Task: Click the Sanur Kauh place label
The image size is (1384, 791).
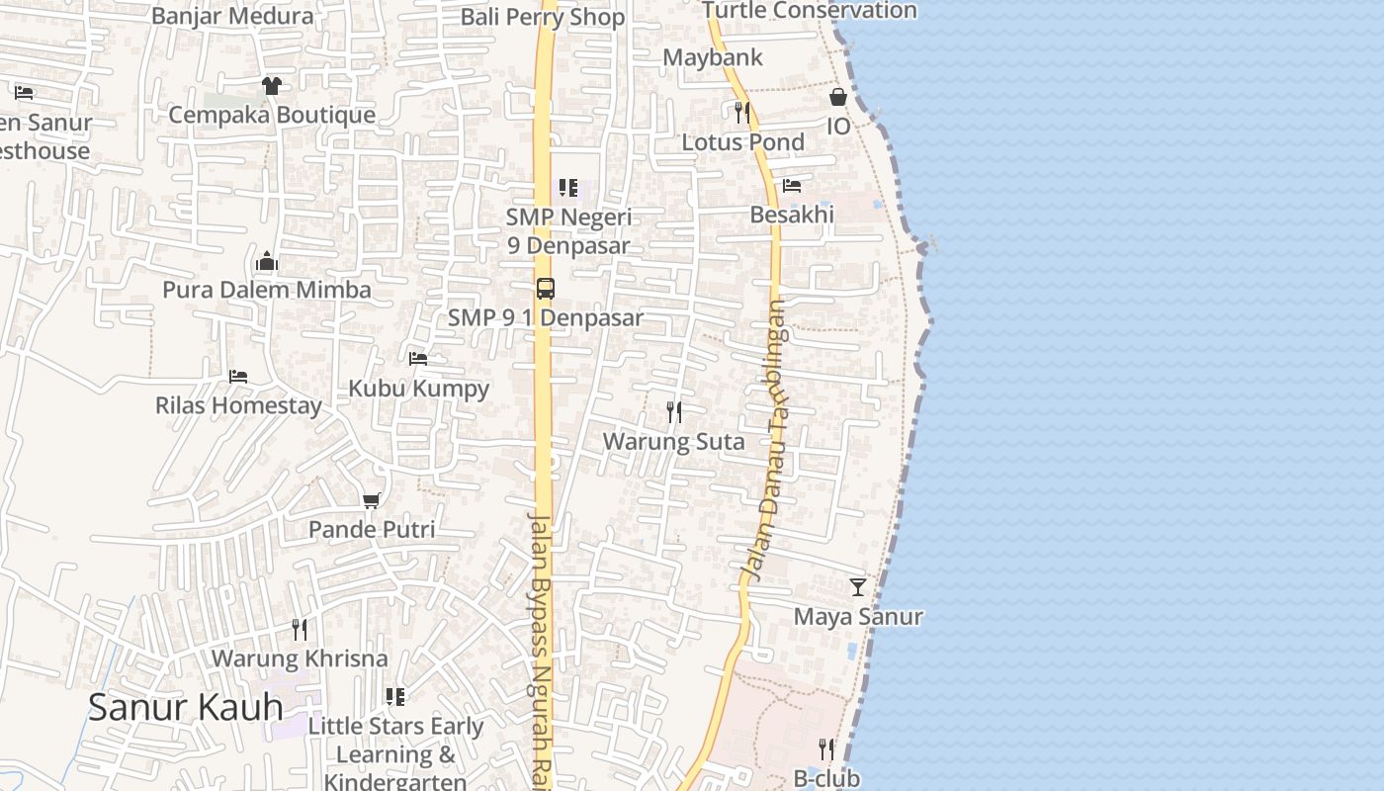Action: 186,707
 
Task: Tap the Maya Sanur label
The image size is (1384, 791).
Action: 858,616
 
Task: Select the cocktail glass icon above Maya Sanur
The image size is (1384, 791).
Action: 858,587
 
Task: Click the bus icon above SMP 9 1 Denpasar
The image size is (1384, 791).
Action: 545,289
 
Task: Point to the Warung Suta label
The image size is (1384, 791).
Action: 674,441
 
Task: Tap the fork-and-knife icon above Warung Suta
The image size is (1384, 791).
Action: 674,411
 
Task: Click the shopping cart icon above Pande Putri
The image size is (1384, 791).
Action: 372,500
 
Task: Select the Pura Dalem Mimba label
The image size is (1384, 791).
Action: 267,290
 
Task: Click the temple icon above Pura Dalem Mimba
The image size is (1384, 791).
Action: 267,262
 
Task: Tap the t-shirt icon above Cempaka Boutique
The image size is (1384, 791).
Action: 272,86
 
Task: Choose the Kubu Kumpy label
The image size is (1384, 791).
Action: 418,388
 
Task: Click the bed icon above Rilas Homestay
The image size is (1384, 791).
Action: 238,377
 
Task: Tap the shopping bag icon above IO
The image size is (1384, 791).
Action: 838,97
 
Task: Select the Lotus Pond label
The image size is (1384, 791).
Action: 743,141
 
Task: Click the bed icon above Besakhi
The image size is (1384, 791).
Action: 792,186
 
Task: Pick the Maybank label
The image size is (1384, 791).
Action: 713,57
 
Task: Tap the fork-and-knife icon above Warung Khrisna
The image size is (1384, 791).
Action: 300,629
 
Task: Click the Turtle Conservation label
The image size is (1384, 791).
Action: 810,11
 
